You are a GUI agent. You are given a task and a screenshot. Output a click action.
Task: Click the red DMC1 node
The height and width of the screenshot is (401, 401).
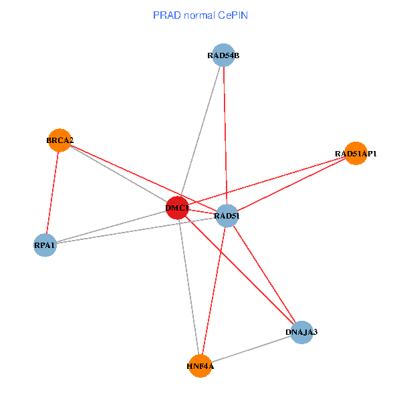tap(177, 208)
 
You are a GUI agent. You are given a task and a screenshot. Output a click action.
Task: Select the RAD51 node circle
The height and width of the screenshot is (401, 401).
tap(227, 215)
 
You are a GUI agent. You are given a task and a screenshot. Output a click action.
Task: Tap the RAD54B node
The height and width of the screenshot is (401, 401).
tap(223, 55)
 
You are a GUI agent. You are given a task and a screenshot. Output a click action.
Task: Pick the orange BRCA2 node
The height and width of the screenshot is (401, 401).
tap(59, 140)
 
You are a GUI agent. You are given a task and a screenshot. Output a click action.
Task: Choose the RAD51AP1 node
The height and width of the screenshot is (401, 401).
tap(356, 154)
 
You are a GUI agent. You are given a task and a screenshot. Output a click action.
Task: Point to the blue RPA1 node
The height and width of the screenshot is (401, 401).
tap(45, 245)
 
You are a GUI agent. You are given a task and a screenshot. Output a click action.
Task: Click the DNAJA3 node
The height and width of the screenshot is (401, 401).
tap(301, 331)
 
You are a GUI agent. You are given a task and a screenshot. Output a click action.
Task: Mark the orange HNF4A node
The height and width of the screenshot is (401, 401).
tap(200, 366)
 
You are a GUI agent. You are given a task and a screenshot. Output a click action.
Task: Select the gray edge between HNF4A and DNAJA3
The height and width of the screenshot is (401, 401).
tap(251, 349)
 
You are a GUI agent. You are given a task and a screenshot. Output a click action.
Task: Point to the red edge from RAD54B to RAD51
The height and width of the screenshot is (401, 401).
tap(225, 134)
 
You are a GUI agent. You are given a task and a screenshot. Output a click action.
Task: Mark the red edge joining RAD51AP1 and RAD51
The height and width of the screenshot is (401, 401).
tap(291, 184)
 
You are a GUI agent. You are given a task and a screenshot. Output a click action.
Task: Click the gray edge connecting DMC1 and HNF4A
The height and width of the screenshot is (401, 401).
tap(188, 287)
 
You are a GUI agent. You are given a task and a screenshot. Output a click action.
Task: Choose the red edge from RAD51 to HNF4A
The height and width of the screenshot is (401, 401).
tap(214, 290)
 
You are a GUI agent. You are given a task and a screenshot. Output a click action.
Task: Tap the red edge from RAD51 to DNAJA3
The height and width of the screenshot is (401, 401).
tap(264, 273)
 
